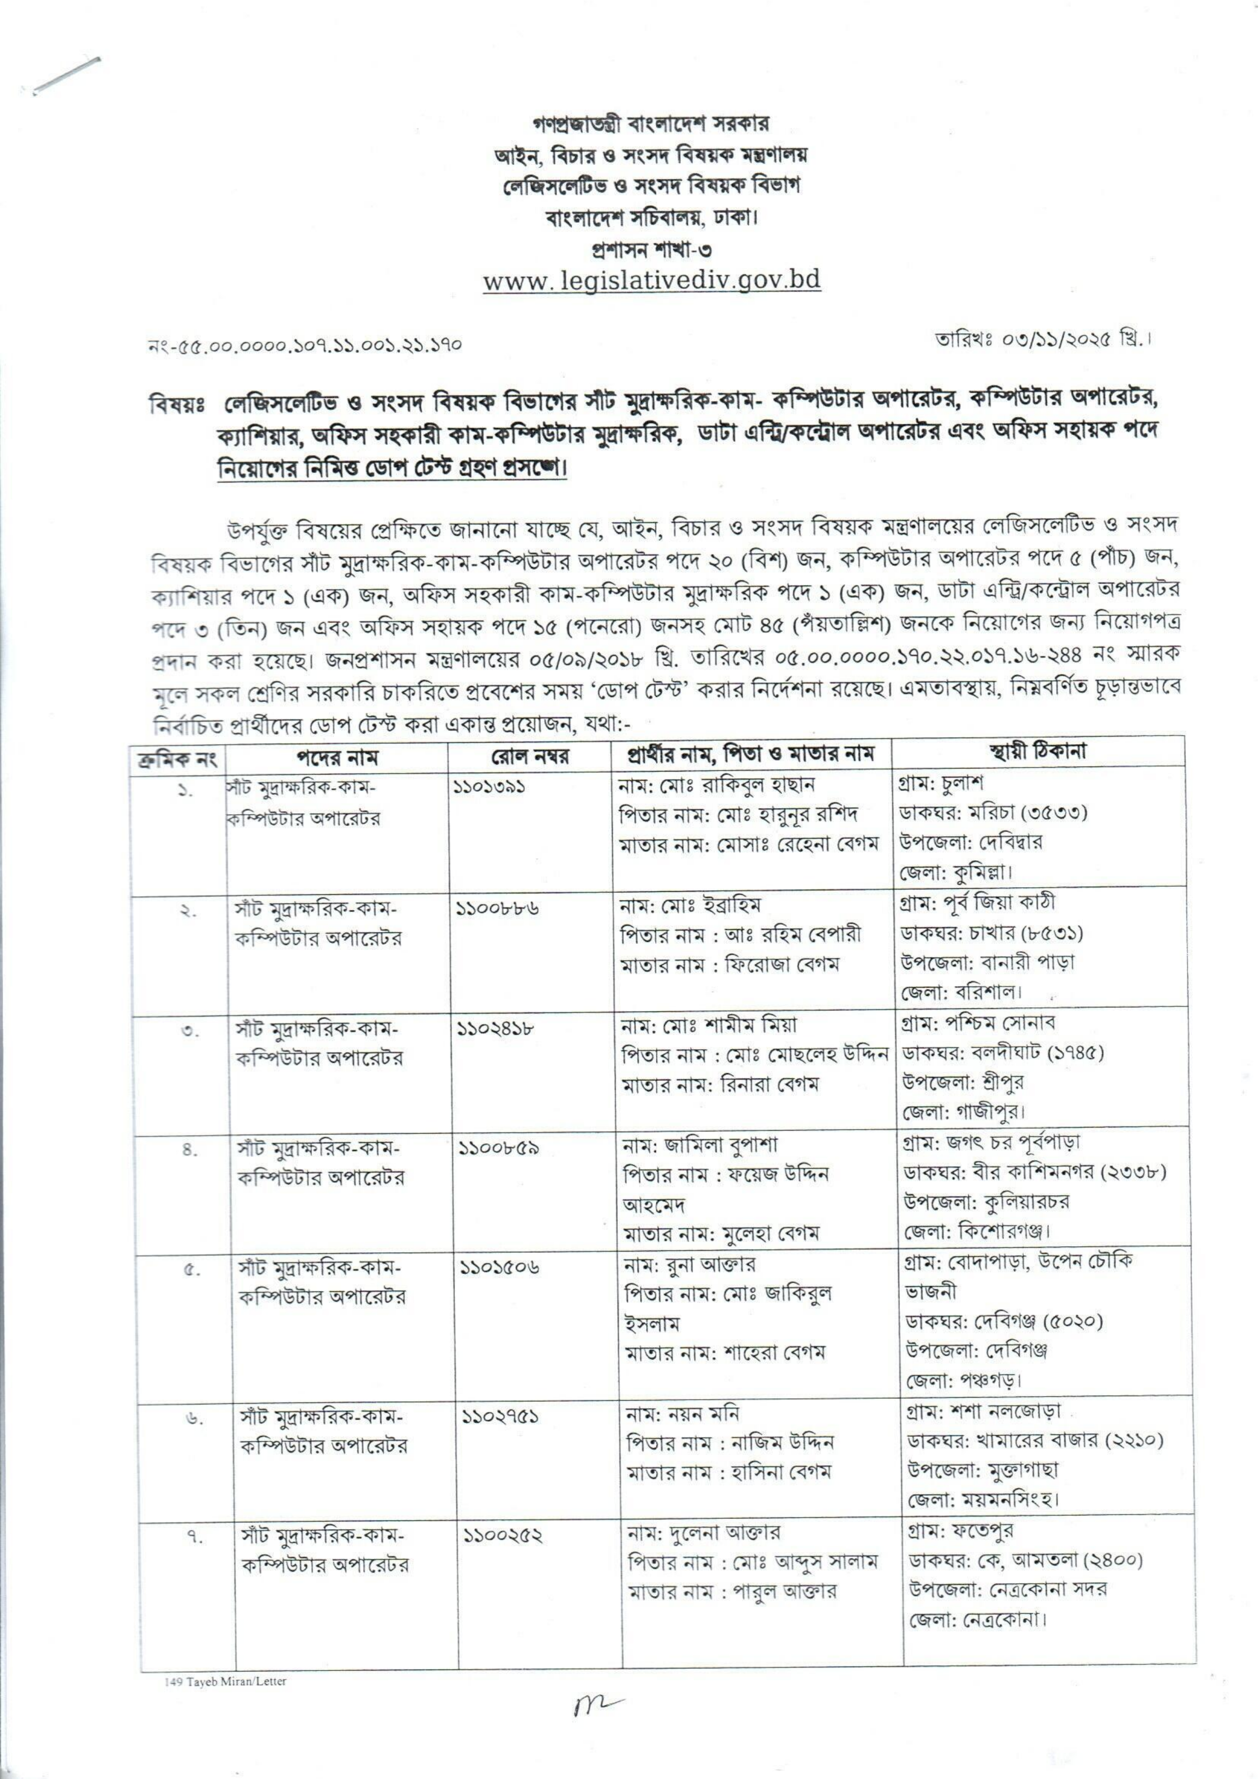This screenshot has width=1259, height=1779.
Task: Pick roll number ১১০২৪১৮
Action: click(496, 1028)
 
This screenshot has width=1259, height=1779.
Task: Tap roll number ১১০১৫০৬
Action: click(499, 1267)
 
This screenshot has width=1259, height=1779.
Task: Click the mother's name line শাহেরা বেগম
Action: click(726, 1353)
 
